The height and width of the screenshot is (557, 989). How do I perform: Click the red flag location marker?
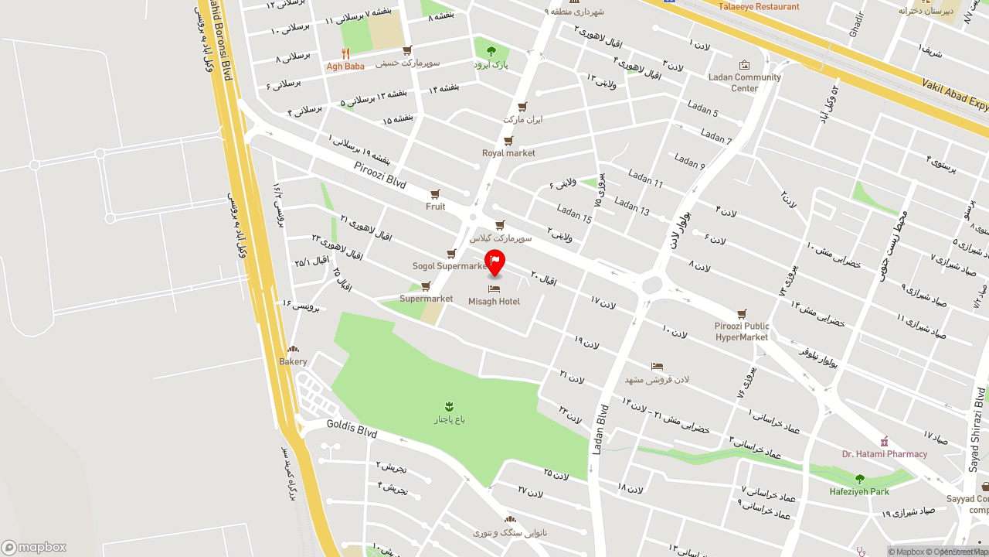[494, 261]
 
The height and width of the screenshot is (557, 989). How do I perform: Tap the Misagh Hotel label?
[494, 302]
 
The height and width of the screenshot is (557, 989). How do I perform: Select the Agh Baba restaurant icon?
[345, 53]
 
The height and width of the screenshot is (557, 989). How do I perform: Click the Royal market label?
[508, 153]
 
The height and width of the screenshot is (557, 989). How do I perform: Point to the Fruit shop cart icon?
[435, 194]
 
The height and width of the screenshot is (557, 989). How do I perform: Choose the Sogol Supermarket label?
[449, 266]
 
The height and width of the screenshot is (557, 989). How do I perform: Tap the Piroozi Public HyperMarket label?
[742, 332]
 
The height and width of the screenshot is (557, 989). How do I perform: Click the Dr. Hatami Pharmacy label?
[885, 454]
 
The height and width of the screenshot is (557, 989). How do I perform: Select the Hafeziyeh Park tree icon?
[859, 479]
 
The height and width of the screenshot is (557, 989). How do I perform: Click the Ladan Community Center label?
[745, 83]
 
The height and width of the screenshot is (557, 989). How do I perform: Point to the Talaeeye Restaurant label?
[759, 7]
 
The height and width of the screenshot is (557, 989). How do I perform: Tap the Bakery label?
[293, 361]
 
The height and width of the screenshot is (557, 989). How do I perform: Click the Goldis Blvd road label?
[352, 429]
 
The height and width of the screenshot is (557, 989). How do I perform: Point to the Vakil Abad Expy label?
[955, 96]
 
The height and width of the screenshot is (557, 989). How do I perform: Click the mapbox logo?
[33, 547]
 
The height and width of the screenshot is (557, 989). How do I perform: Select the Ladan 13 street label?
[632, 207]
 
